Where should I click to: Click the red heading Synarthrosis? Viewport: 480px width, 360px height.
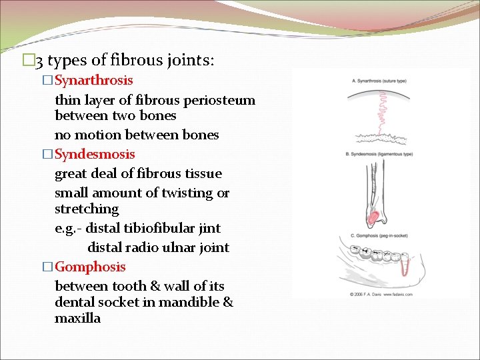tap(93, 81)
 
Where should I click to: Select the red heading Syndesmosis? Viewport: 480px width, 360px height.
tap(95, 154)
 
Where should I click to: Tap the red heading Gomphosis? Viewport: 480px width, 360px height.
tap(90, 267)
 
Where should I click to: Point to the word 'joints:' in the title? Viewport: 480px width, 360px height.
tap(191, 61)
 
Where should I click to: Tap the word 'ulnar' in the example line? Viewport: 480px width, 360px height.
tap(175, 247)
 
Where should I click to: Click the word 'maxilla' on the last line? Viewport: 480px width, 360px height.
tap(77, 318)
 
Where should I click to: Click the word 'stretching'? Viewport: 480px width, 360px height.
tap(87, 209)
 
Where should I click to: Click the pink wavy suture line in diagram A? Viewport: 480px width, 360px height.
tap(383, 111)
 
